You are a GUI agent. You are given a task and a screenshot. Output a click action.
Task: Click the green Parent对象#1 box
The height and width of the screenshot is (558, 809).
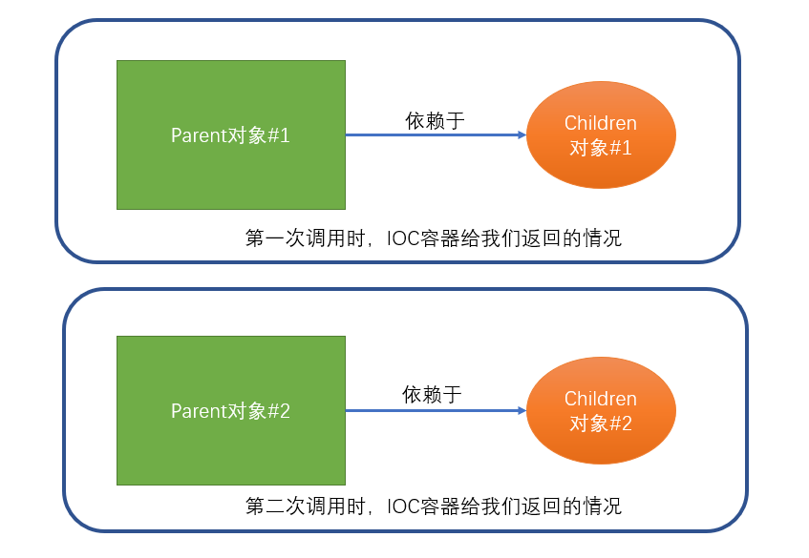230,172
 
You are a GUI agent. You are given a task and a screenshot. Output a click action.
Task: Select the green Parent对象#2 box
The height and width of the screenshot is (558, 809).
230,448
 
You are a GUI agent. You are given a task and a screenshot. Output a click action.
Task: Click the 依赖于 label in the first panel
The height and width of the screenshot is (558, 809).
435,120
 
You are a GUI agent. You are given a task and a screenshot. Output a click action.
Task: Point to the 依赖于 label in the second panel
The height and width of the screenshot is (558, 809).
432,394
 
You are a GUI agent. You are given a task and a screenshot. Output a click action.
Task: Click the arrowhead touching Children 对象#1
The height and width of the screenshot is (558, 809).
522,135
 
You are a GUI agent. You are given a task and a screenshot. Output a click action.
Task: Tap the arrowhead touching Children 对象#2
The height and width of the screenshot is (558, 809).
522,411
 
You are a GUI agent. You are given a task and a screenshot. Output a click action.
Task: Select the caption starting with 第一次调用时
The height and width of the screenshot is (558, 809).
433,238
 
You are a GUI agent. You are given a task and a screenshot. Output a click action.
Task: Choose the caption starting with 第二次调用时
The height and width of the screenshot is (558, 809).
433,505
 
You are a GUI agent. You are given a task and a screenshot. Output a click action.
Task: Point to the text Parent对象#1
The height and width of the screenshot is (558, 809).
230,135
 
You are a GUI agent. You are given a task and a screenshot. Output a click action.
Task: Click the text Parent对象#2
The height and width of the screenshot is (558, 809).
230,411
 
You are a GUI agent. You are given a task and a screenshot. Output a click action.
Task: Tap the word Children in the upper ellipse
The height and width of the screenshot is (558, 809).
601,123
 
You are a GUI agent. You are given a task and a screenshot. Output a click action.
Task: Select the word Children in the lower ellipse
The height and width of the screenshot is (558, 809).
601,399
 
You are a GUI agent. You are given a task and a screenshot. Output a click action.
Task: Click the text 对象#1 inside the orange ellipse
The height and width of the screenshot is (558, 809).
601,148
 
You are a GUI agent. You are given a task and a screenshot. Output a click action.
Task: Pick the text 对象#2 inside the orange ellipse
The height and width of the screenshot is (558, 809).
601,424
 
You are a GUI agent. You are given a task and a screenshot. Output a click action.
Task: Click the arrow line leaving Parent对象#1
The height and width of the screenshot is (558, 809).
430,135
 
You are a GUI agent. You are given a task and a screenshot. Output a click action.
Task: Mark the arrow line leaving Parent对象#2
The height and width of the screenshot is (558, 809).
430,411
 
